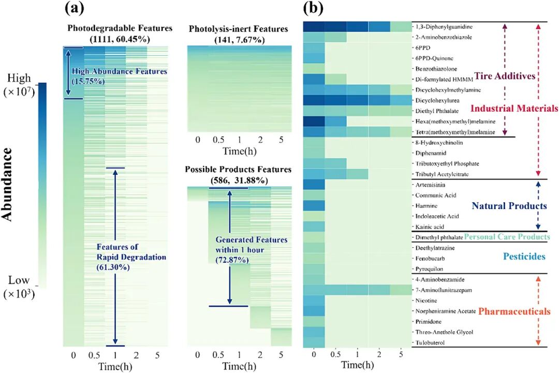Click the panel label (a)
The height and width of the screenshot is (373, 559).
(73, 9)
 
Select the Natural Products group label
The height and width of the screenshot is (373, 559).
(509, 206)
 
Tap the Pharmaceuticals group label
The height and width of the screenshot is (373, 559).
(514, 311)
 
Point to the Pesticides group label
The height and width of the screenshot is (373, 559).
(524, 256)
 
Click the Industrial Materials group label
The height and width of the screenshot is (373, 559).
(514, 109)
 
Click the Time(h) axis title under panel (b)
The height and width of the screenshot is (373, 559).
(357, 365)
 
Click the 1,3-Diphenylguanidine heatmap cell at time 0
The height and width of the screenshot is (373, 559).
(314, 26)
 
